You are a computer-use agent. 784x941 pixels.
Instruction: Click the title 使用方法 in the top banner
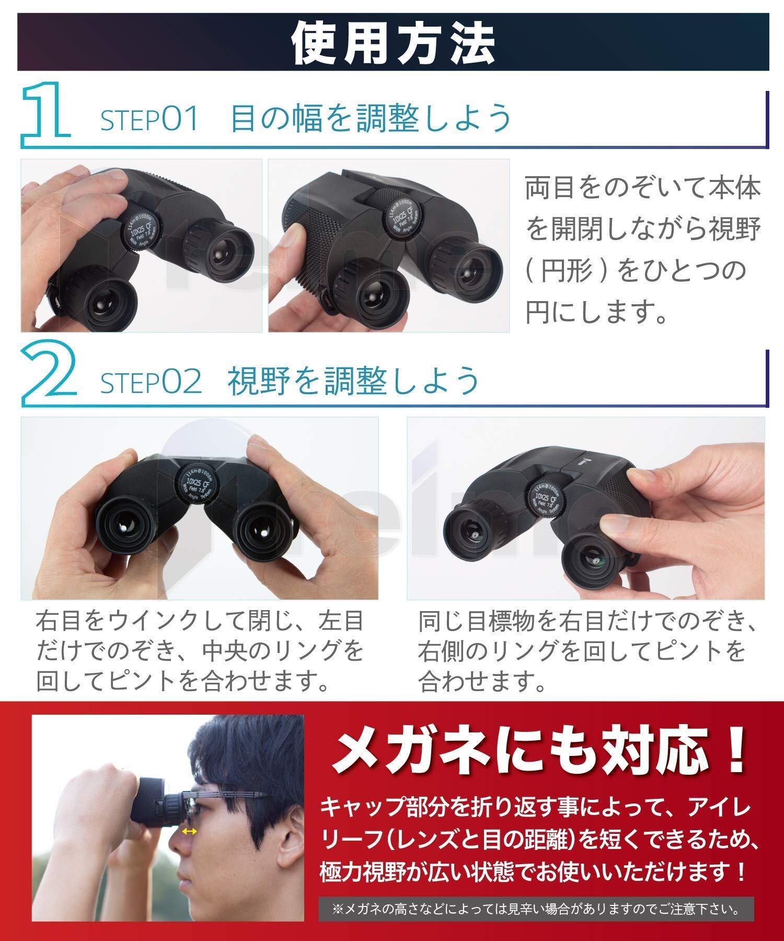tap(393, 42)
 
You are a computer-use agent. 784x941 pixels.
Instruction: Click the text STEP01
tap(150, 119)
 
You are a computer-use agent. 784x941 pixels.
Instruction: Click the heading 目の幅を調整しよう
tap(371, 118)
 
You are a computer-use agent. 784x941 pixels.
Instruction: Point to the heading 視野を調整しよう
tap(354, 380)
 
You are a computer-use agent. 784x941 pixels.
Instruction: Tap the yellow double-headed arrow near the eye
tap(189, 832)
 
